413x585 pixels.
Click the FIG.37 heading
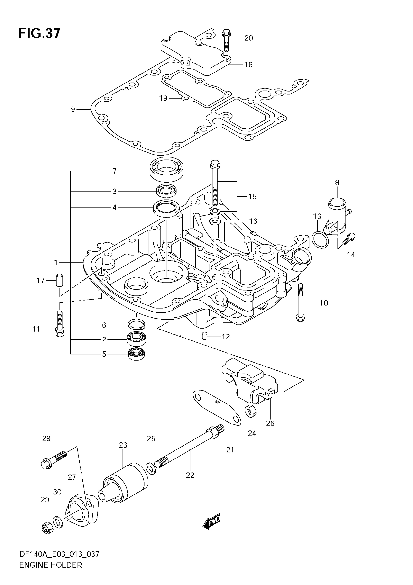coord(39,33)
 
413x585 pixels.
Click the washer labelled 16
coord(215,221)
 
